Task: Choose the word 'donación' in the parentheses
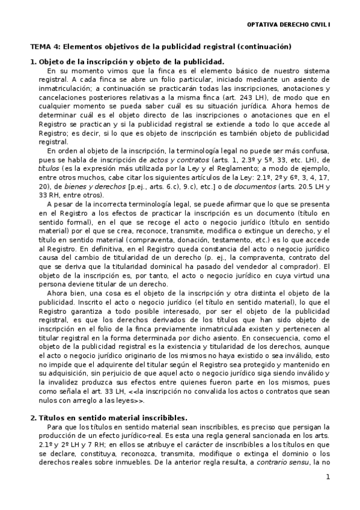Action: [x=178, y=239]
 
